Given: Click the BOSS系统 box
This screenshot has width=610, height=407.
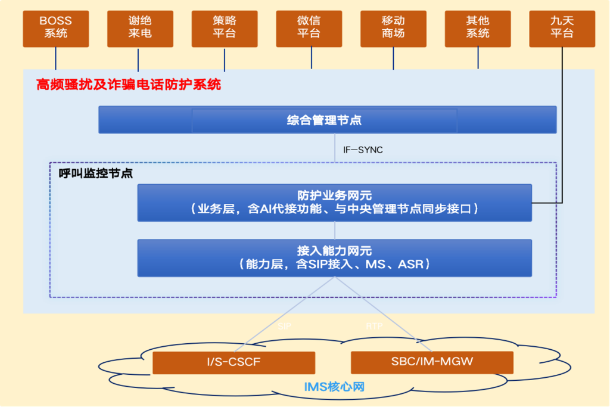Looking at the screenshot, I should click(x=55, y=27).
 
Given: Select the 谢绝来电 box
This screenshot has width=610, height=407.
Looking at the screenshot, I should click(x=140, y=27).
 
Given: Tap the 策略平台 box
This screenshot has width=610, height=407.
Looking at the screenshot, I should click(x=225, y=27).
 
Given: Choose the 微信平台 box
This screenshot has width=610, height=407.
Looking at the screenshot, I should click(x=309, y=27).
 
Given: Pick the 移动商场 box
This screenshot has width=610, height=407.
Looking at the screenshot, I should click(x=393, y=27).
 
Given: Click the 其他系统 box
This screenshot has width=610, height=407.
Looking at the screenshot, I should click(x=478, y=27).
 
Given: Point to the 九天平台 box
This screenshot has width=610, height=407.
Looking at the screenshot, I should click(x=562, y=27).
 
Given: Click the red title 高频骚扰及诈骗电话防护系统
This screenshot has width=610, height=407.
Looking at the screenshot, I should click(x=129, y=85).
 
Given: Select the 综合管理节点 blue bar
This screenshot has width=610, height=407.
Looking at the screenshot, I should click(x=327, y=120).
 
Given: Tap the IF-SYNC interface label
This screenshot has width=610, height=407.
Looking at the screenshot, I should click(x=363, y=150).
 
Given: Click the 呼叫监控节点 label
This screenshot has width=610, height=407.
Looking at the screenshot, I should click(x=96, y=173).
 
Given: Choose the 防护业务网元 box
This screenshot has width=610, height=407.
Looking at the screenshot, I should click(x=334, y=203).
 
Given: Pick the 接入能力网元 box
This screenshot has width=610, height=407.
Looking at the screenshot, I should click(x=334, y=258).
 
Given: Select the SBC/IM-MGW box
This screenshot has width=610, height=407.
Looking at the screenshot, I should click(x=432, y=362).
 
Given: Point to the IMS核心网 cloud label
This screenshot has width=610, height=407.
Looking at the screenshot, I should click(x=334, y=387).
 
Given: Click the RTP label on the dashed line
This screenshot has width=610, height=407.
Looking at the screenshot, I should click(x=374, y=326).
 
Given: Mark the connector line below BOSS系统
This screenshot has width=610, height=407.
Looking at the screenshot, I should click(x=55, y=58).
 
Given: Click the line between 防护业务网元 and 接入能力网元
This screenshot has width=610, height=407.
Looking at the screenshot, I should click(x=335, y=230).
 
